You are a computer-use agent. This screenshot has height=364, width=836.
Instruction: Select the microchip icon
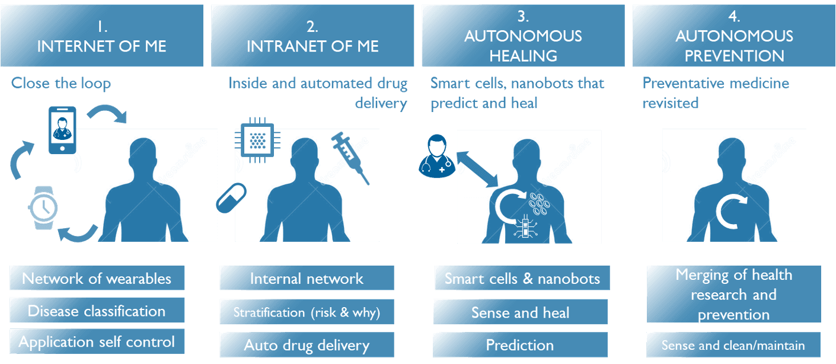point(256,141)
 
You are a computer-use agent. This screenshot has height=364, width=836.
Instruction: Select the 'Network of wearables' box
point(97,279)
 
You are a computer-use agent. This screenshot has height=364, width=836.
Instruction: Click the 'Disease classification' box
point(97,311)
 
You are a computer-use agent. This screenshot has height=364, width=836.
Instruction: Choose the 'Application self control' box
point(97,342)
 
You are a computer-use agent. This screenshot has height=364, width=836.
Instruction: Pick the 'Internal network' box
point(307,279)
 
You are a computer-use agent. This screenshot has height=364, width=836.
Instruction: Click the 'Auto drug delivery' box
point(307,345)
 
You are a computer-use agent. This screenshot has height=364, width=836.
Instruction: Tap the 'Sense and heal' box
point(520,312)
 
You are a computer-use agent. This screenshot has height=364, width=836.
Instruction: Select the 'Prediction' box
point(520,345)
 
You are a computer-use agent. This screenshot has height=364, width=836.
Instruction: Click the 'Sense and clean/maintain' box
point(733,345)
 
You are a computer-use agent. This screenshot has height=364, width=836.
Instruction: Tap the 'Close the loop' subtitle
point(61,83)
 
